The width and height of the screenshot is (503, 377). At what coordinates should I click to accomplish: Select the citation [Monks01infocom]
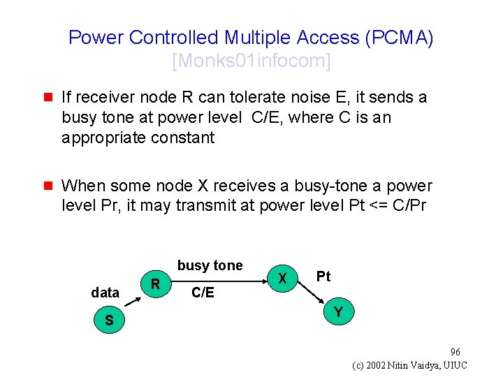click(x=251, y=61)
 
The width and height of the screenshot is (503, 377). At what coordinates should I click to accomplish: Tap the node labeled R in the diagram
click(x=156, y=283)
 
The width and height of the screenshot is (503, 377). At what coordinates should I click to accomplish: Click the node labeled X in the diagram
click(x=282, y=278)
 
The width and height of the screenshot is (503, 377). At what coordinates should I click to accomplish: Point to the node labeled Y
click(x=338, y=312)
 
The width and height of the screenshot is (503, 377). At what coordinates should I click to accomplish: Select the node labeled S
click(x=108, y=320)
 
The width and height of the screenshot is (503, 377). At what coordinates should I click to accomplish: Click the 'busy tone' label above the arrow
click(x=210, y=265)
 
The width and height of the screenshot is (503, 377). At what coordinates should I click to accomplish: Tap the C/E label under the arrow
click(x=203, y=293)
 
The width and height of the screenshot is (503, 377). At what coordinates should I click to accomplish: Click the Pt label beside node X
click(x=323, y=276)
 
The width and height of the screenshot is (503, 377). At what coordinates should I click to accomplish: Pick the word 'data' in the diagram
click(x=105, y=293)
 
